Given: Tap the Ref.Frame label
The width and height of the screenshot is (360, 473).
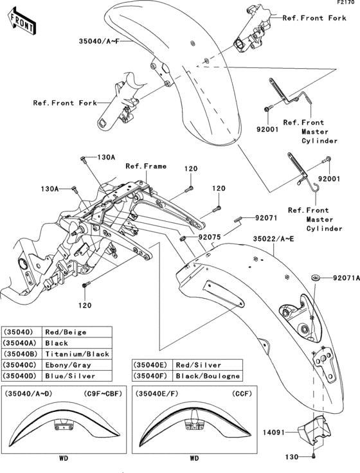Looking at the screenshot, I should [146, 166].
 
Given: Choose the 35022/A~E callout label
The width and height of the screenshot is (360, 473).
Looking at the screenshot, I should [273, 238].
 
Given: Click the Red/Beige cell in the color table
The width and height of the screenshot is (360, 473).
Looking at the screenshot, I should [65, 332].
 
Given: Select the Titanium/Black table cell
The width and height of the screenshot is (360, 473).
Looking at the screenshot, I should [76, 354].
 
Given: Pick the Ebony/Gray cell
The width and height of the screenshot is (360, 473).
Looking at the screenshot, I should [65, 365].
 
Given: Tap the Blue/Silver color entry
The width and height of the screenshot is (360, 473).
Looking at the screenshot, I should [69, 376].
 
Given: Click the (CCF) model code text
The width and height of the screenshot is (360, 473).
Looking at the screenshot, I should [240, 393].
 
